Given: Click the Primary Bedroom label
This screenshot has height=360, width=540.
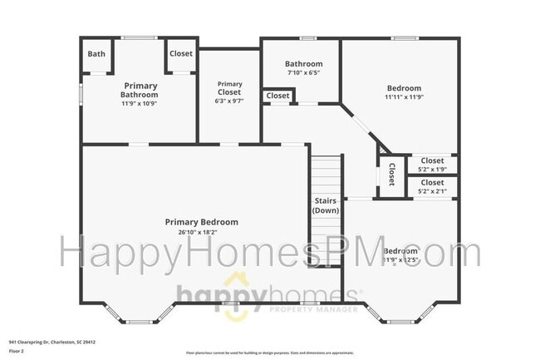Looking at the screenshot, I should pyautogui.click(x=201, y=222).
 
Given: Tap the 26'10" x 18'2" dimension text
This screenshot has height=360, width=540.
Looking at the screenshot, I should pyautogui.click(x=201, y=233).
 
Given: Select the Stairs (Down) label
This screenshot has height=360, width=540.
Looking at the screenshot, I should pyautogui.click(x=325, y=205).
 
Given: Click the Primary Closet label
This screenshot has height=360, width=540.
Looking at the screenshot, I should pyautogui.click(x=229, y=87).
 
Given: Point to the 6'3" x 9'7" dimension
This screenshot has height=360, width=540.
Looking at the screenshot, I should pyautogui.click(x=229, y=101).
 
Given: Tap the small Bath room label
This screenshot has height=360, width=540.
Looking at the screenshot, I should pyautogui.click(x=97, y=54).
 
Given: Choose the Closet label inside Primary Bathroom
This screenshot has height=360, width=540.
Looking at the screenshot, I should pyautogui.click(x=180, y=54).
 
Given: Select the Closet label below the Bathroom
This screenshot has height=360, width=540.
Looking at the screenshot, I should pyautogui.click(x=277, y=96).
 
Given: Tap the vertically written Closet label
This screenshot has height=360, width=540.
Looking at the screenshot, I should pyautogui.click(x=391, y=175).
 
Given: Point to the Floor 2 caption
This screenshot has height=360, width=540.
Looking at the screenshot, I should pyautogui.click(x=17, y=352).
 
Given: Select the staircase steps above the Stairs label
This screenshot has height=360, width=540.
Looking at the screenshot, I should pyautogui.click(x=325, y=170).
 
